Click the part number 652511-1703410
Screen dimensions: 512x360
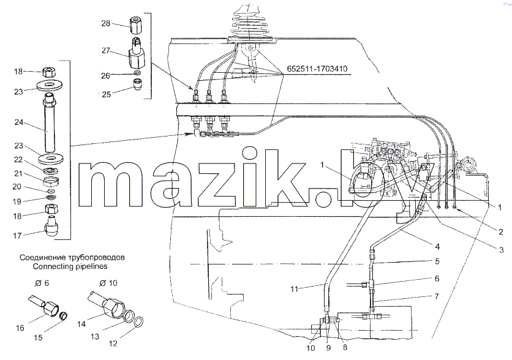pos(317,69)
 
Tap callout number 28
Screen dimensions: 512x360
pos(106,23)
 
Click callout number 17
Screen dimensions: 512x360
pos(17,235)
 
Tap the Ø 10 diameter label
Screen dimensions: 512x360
pos(108,283)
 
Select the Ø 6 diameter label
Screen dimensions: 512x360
pos(42,283)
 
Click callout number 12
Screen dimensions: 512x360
pos(113,343)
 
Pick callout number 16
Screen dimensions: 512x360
pos(20,328)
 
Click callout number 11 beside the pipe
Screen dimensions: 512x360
pos(294,289)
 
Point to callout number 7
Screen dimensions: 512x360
pos(437,296)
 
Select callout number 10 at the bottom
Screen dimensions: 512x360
pos(311,348)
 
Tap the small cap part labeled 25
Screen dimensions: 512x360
pos(137,84)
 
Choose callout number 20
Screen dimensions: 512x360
pos(17,186)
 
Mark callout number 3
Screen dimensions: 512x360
pos(502,250)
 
